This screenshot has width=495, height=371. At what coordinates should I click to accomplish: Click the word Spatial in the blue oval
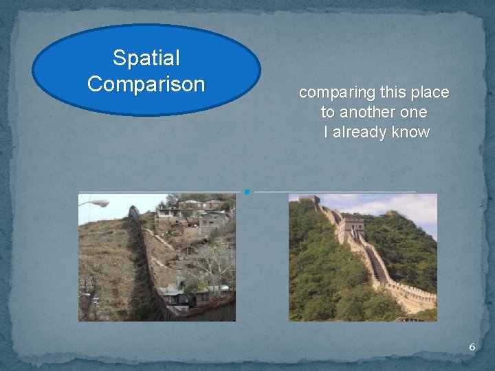coord(146,58)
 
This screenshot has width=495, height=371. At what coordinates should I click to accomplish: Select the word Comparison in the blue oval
coord(146,84)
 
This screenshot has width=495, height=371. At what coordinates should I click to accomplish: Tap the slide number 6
coord(472,347)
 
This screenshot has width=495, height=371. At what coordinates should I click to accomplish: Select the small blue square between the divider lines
coord(246,192)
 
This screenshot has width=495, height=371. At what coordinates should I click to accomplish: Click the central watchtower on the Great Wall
coord(351,227)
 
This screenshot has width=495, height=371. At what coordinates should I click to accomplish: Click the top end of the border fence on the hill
coord(133,209)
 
